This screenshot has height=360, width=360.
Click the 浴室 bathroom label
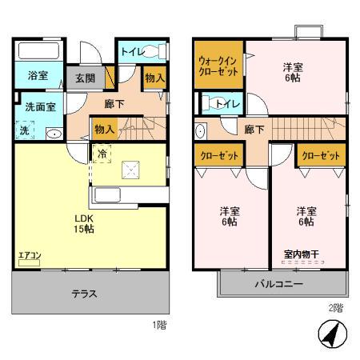pyautogui.click(x=38, y=77)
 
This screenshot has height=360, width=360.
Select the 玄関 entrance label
pyautogui.click(x=86, y=78)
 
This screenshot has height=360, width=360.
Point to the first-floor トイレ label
pyautogui.click(x=131, y=52)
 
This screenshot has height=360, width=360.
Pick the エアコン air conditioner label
pyautogui.click(x=30, y=256)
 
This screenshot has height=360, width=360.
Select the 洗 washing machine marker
pyautogui.click(x=23, y=130)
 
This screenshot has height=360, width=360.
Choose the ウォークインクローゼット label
pyautogui.click(x=218, y=63)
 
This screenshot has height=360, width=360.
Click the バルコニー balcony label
pyautogui.click(x=278, y=284)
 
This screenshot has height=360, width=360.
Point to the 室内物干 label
pyautogui.click(x=300, y=255)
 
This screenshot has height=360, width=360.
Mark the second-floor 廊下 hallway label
pyautogui.click(x=254, y=130)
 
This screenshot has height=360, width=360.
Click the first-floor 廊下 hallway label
pyautogui.click(x=114, y=103)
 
